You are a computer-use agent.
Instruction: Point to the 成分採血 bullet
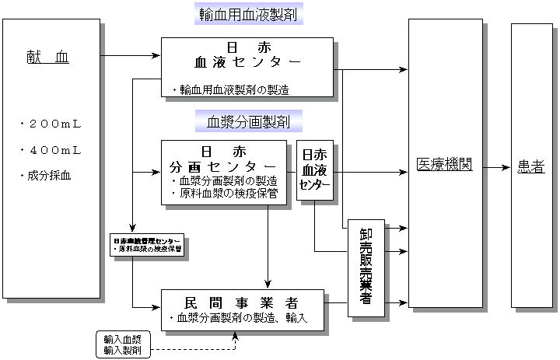tap(47, 176)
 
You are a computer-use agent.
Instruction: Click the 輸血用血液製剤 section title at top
tap(248, 14)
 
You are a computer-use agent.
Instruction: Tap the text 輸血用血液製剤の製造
tap(230, 90)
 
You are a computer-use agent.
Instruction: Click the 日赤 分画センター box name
tap(222, 160)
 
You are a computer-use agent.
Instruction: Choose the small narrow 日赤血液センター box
tap(314, 171)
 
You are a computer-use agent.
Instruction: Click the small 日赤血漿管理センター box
tap(147, 244)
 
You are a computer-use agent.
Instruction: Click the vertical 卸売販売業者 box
tap(366, 267)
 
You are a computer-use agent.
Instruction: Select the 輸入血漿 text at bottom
tap(122, 339)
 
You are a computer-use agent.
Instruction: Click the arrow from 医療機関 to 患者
tap(495, 166)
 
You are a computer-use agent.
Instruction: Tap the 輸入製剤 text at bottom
tap(122, 351)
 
